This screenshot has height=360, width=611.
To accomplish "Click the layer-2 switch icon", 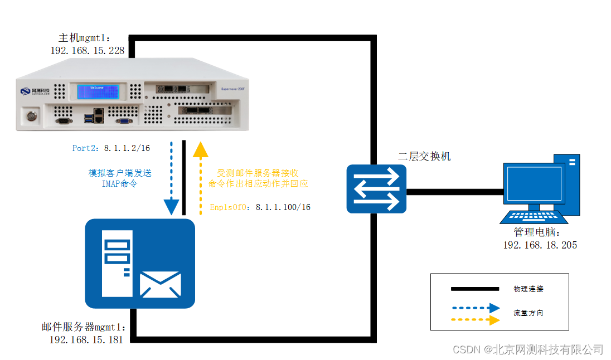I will point(376,188).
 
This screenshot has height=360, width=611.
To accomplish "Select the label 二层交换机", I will point(424,157).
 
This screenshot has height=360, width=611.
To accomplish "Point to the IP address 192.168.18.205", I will point(540,245).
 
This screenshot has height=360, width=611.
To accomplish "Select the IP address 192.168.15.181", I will point(86,339).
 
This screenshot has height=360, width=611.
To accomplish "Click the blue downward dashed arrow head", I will point(171,207).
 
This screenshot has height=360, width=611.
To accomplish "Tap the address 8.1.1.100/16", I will point(283,207).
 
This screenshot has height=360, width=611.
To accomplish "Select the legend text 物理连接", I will point(528,289).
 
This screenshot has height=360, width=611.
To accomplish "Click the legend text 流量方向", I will point(528,313).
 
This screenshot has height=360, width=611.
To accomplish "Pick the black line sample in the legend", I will point(474,289).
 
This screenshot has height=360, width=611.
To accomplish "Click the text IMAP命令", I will point(119,183).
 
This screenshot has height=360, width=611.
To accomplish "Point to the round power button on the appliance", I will point(30,116).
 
